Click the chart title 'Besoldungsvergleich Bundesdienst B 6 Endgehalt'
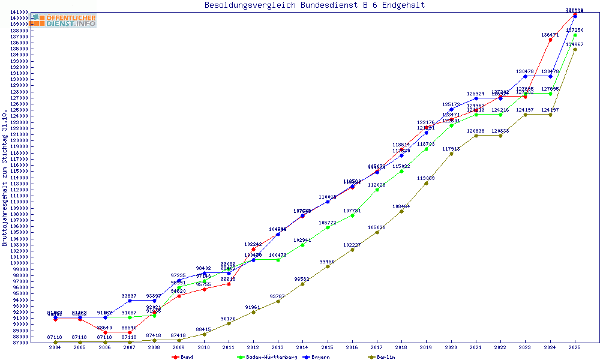click(x=314, y=5)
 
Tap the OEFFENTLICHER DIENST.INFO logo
click(x=65, y=21)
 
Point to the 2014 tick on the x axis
click(x=302, y=347)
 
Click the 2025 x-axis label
click(x=575, y=347)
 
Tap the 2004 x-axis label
click(x=55, y=347)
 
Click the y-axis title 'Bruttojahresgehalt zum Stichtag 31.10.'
click(x=5, y=178)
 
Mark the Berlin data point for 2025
click(x=575, y=49)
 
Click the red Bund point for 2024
click(x=550, y=40)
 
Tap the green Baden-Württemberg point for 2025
click(x=575, y=35)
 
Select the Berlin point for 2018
click(x=401, y=211)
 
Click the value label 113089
click(x=426, y=178)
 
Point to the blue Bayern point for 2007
click(x=130, y=300)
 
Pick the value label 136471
click(x=550, y=35)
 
